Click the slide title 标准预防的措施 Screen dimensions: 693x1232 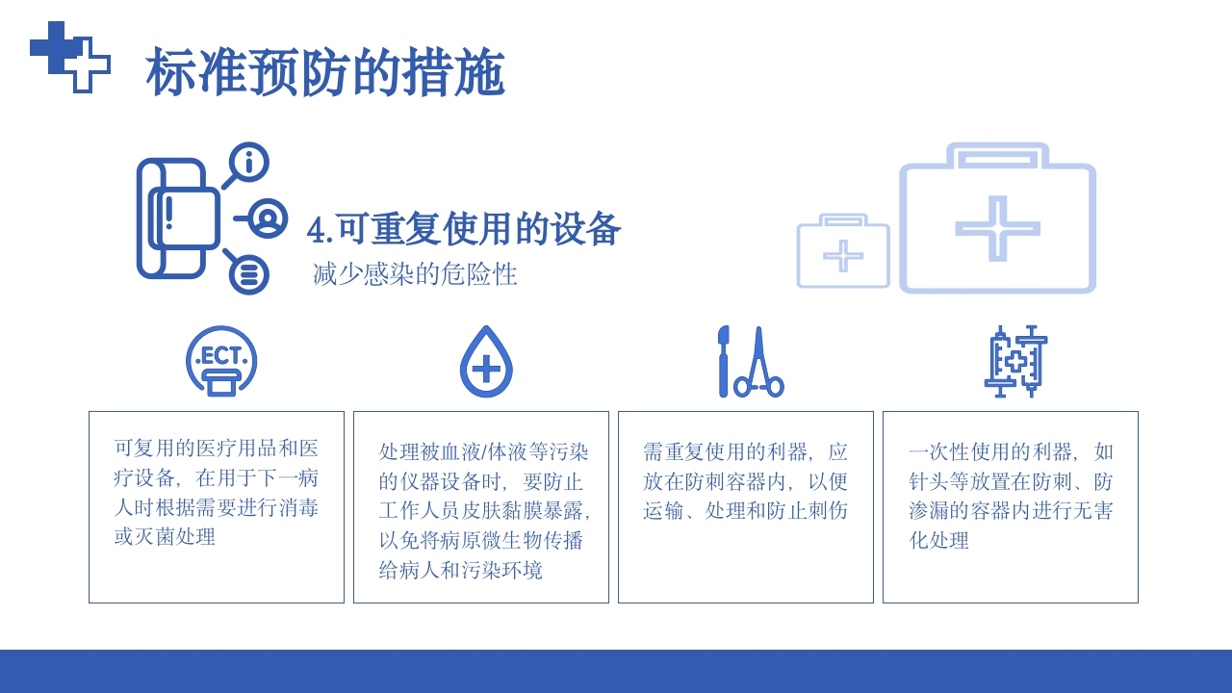[325, 73]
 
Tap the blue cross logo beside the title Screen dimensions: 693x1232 [69, 57]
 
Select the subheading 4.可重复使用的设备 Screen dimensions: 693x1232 [464, 229]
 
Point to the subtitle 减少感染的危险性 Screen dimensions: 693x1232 [415, 274]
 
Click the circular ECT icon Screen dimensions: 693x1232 [221, 361]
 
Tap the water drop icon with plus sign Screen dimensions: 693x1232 [486, 363]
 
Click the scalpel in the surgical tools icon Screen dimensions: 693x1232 [723, 361]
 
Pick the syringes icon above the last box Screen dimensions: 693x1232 [1015, 361]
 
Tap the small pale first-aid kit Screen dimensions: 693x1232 [843, 251]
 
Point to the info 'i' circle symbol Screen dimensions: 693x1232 [249, 162]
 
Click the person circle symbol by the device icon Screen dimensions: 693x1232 [267, 218]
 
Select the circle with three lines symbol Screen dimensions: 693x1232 [248, 275]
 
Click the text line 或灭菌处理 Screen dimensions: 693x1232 [165, 537]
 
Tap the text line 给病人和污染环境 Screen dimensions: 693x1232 [460, 570]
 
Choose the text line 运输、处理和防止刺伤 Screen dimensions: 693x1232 [745, 511]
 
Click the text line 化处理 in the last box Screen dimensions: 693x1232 [938, 540]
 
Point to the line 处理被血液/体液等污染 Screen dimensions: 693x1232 [483, 451]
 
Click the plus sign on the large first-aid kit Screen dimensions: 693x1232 [997, 228]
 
